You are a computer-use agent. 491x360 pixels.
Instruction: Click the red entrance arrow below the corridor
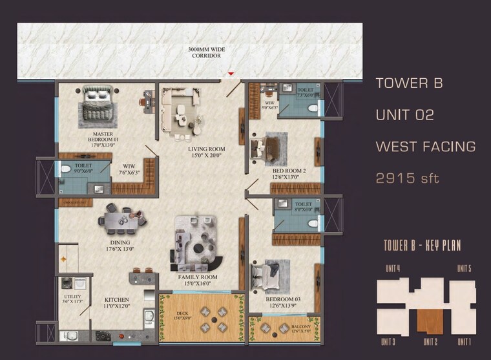click(231, 75)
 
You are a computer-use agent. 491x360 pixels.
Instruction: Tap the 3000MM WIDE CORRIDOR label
click(205, 52)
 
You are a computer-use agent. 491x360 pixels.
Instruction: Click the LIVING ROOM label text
click(206, 153)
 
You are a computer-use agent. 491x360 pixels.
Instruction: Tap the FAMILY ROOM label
click(198, 281)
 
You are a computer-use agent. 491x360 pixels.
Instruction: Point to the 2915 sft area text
click(408, 178)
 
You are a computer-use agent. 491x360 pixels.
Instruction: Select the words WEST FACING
click(425, 147)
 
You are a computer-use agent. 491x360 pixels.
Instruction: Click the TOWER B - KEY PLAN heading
click(422, 245)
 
